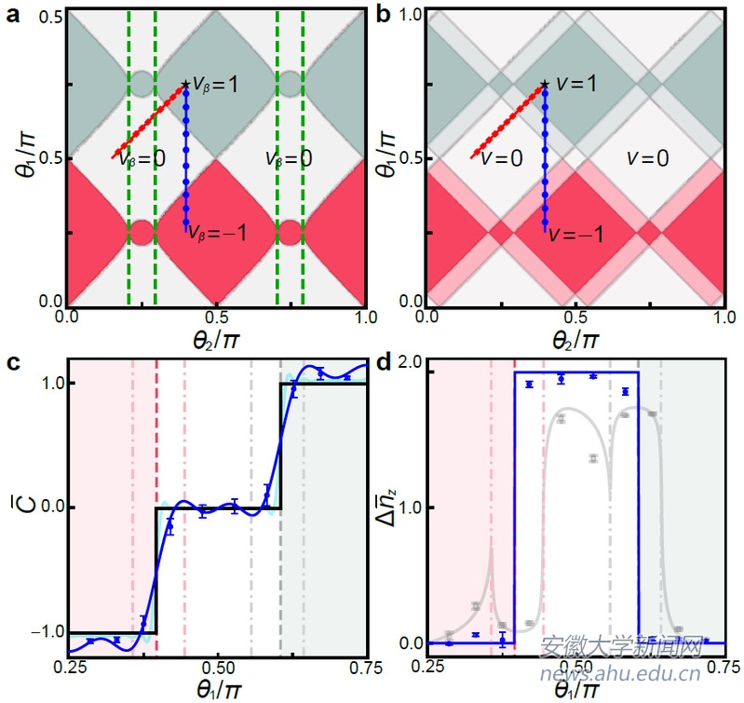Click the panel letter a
point(13,15)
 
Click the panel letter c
point(13,364)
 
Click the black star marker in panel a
point(185,85)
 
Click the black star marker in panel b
point(545,85)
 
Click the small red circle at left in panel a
point(142,231)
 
